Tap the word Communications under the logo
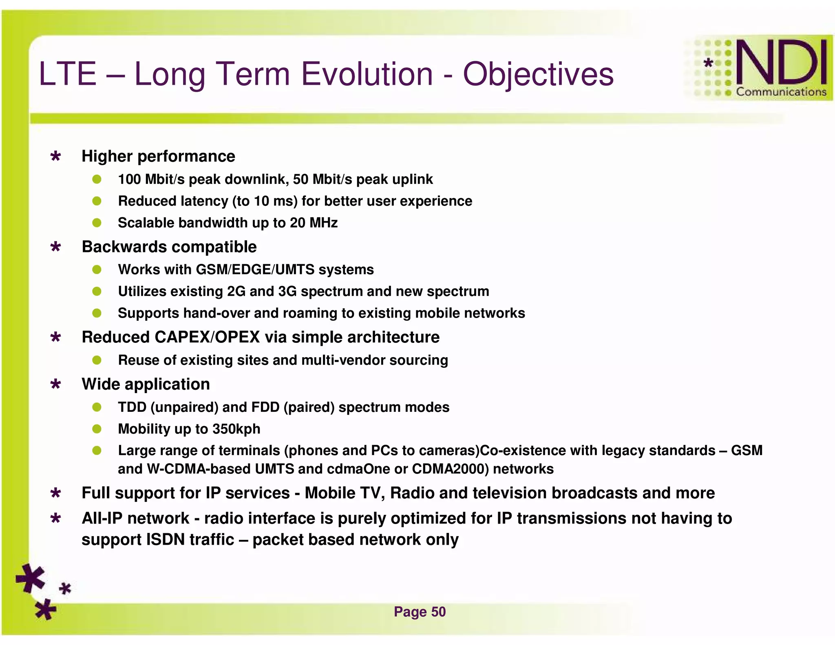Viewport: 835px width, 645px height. click(x=781, y=92)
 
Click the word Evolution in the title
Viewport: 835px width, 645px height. click(x=367, y=74)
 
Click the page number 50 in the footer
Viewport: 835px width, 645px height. click(x=438, y=612)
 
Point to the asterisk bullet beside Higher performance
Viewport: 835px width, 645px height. click(x=56, y=157)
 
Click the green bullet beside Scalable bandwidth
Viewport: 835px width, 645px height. click(x=97, y=223)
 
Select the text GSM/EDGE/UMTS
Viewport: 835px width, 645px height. click(x=255, y=269)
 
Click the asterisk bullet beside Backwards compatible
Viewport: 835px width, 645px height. click(x=56, y=247)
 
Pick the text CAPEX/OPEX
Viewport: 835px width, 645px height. click(x=207, y=337)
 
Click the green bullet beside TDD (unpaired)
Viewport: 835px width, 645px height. click(x=97, y=407)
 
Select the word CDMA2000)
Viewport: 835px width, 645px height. click(x=450, y=469)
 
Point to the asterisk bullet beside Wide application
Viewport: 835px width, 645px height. click(x=56, y=384)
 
